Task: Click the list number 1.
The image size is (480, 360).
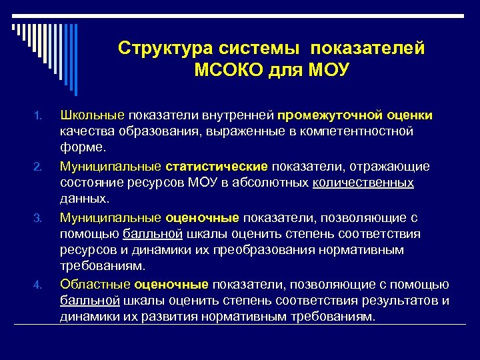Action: tap(38, 116)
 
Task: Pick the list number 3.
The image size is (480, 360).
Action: tap(38, 217)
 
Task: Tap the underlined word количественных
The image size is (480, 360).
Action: tap(363, 183)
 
